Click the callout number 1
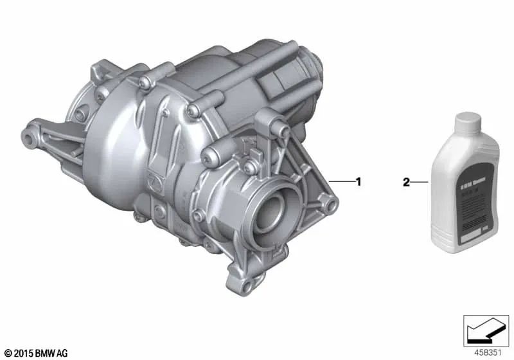click(x=359, y=182)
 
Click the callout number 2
click(x=406, y=182)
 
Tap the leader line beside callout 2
click(x=419, y=182)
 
